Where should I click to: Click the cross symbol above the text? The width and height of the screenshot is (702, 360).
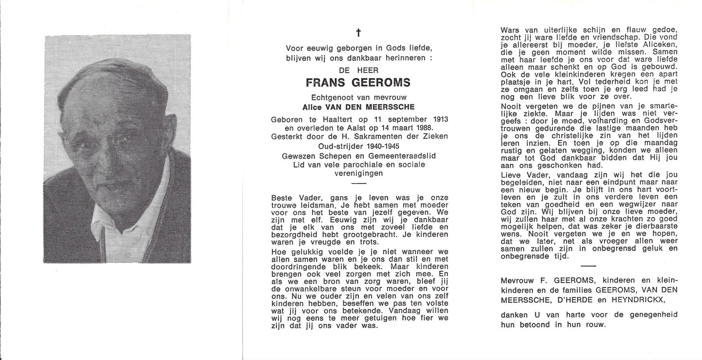pyautogui.click(x=358, y=32)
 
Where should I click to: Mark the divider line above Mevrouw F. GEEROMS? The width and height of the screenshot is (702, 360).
pyautogui.click(x=588, y=266)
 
